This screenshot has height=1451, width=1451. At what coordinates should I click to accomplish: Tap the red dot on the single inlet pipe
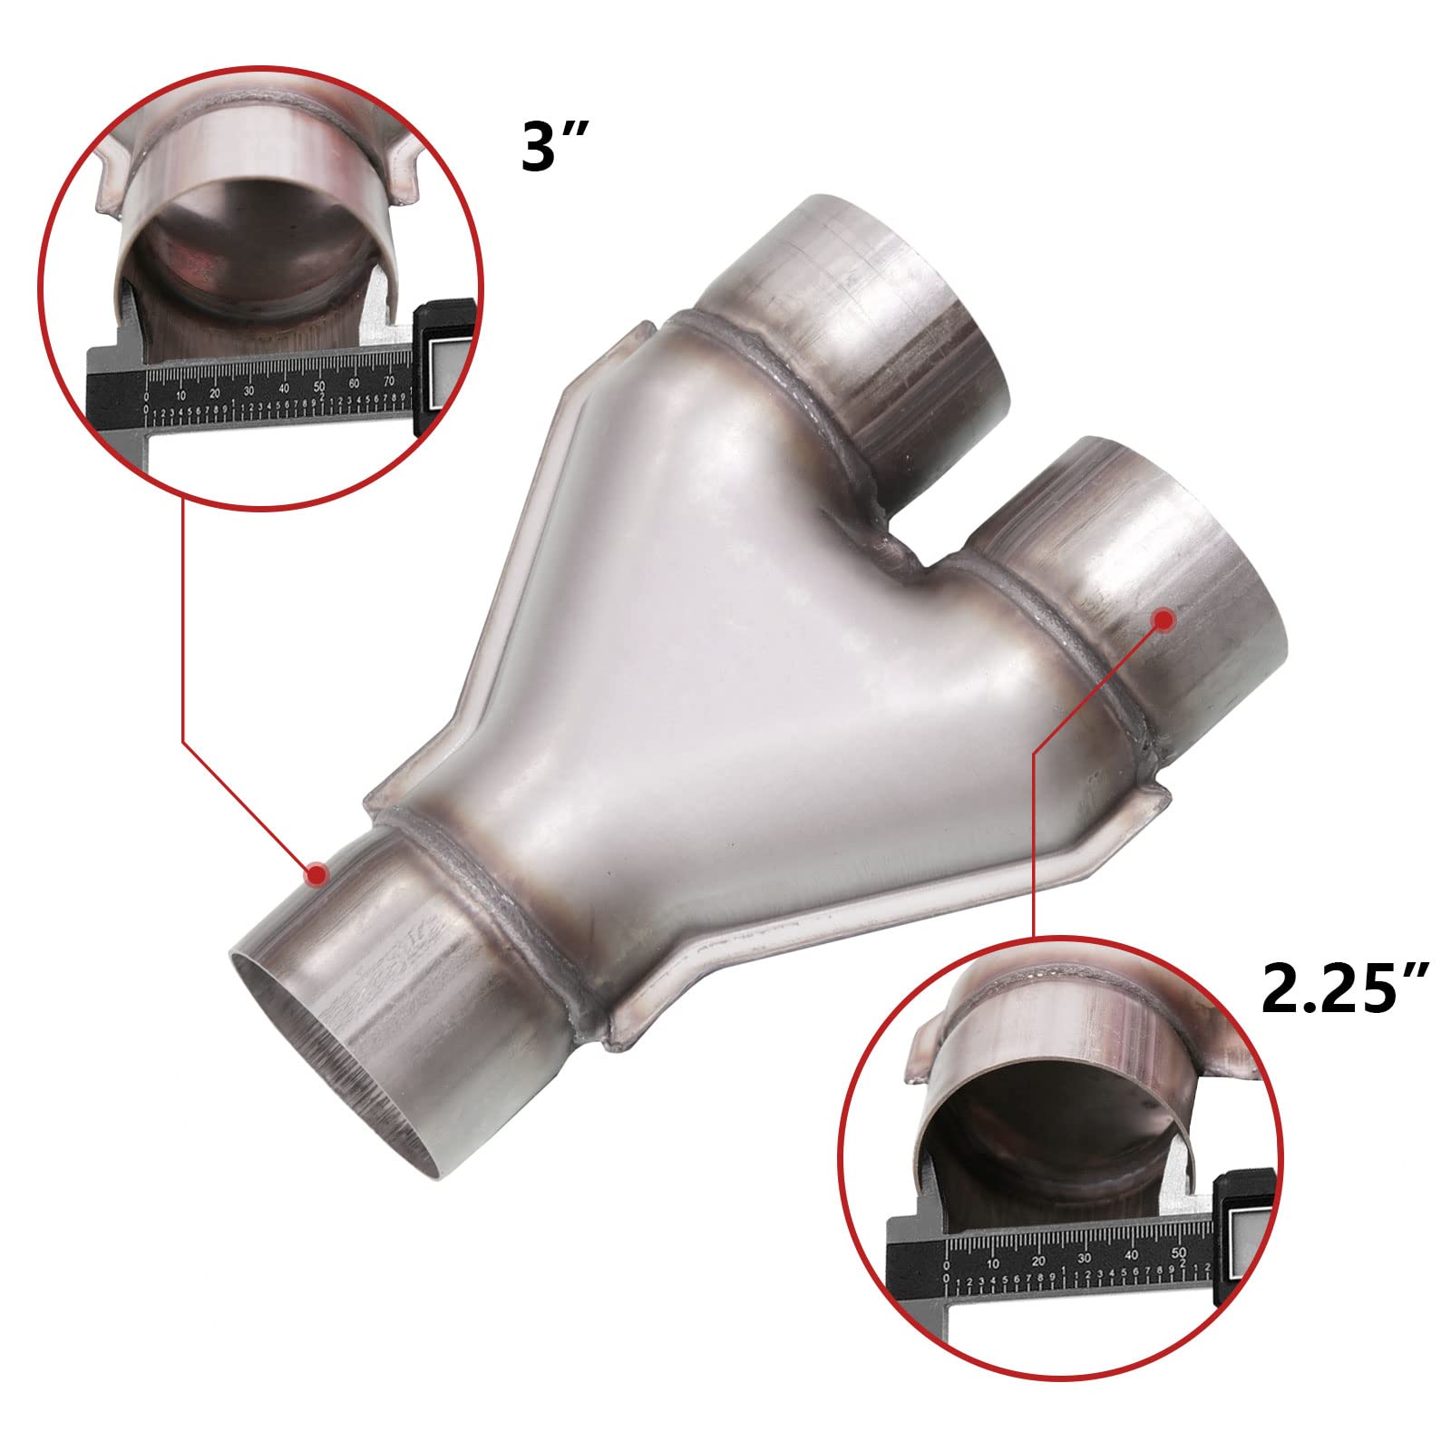click(x=316, y=874)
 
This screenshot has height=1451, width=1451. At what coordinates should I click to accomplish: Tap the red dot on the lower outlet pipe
click(x=1164, y=618)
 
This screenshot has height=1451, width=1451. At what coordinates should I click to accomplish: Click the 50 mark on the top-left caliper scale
click(x=319, y=387)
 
